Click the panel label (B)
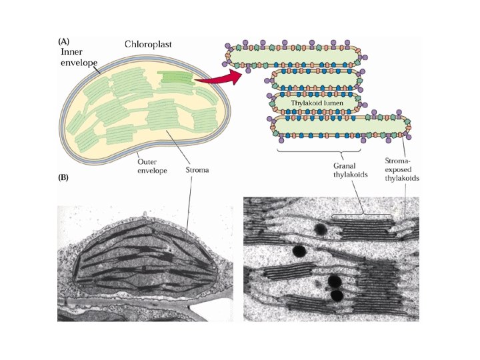tap(65, 178)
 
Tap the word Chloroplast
tap(148, 45)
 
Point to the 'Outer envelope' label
tap(151, 165)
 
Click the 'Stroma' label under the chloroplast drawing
tap(197, 170)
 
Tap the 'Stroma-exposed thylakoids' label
tap(403, 171)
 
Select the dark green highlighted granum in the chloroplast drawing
tap(176, 79)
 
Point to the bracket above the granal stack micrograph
tap(362, 215)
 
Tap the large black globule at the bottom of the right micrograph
tap(337, 295)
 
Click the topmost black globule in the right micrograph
tap(321, 231)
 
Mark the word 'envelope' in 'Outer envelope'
tap(151, 171)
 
